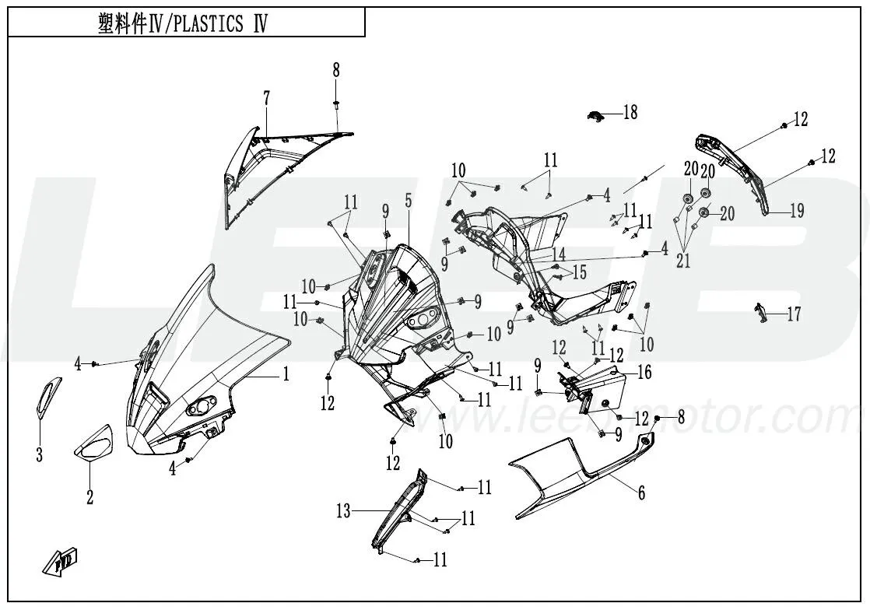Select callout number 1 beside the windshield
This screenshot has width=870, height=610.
pyautogui.click(x=286, y=374)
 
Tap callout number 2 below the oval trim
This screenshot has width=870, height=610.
pyautogui.click(x=89, y=496)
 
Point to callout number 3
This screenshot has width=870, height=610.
pyautogui.click(x=39, y=455)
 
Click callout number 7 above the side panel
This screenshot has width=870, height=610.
pyautogui.click(x=267, y=99)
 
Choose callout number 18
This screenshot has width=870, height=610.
pyautogui.click(x=630, y=113)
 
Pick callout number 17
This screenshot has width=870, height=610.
pyautogui.click(x=793, y=315)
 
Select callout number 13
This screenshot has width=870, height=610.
pyautogui.click(x=344, y=511)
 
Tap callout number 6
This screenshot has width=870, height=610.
pyautogui.click(x=641, y=493)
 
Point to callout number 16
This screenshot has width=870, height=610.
pyautogui.click(x=644, y=373)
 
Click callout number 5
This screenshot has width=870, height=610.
pyautogui.click(x=408, y=201)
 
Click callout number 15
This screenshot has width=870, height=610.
pyautogui.click(x=580, y=272)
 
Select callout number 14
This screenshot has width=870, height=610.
pyautogui.click(x=559, y=254)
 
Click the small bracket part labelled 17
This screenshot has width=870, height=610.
pyautogui.click(x=759, y=313)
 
